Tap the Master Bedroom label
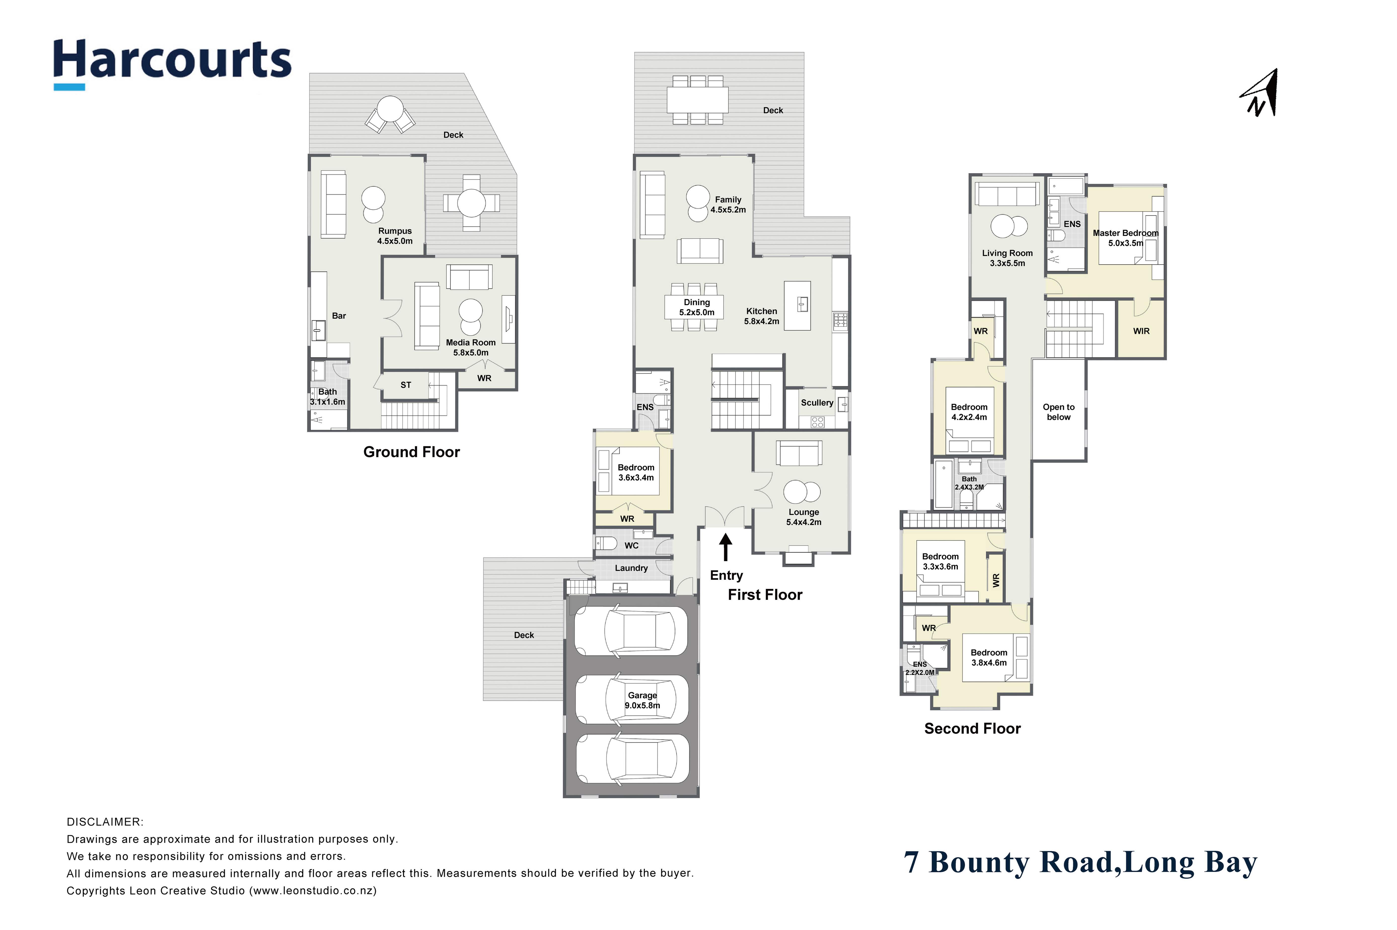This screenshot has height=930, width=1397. [1125, 238]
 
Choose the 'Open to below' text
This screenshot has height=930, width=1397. [1059, 412]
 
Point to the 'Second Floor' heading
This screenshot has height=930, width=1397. [972, 728]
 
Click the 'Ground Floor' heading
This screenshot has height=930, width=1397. [411, 452]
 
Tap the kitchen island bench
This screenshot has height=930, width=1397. [797, 305]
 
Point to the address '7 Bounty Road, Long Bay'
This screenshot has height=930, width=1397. [1080, 863]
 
